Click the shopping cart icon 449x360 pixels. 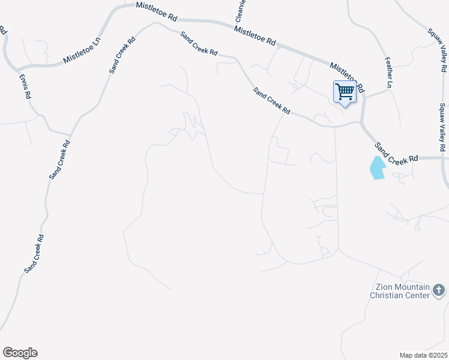click(345, 92)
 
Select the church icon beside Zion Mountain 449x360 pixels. click(439, 292)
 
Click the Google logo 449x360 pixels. click(20, 353)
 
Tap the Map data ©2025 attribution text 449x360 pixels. click(423, 355)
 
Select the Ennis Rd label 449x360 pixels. click(25, 88)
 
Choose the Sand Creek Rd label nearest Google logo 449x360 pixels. click(34, 254)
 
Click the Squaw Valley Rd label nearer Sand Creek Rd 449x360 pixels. click(442, 127)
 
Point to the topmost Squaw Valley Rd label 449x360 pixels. click(437, 44)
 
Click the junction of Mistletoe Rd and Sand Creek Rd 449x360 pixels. click(362, 122)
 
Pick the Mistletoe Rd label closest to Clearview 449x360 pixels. click(255, 37)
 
